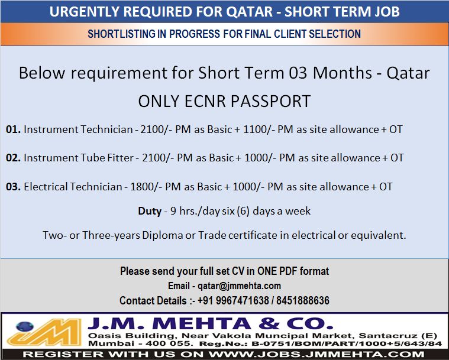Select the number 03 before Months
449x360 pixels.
[298, 73]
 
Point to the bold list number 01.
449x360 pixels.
[13, 129]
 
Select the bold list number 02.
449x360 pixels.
[13, 158]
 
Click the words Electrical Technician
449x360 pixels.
[73, 187]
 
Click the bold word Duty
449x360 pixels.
[150, 211]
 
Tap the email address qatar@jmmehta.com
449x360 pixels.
[240, 286]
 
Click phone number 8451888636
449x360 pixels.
[303, 300]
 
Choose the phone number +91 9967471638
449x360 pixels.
[233, 300]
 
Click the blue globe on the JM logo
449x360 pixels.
[25, 326]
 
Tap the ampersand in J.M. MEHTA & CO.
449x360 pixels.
[269, 324]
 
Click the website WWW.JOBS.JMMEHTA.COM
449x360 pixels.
[316, 354]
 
